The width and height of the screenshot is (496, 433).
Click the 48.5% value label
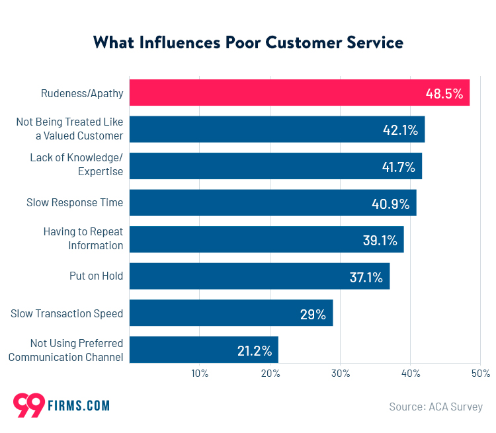tap(444, 93)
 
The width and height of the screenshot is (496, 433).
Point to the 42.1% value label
tap(400, 130)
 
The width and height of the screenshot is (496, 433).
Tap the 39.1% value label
tap(380, 240)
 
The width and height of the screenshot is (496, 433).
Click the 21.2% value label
tap(255, 350)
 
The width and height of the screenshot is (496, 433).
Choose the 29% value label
tap(313, 314)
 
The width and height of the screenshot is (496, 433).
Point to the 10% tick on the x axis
tap(200, 374)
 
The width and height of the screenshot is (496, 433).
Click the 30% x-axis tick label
tap(340, 374)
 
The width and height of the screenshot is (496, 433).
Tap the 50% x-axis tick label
tap(480, 374)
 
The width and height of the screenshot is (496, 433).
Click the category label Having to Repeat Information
tap(83, 239)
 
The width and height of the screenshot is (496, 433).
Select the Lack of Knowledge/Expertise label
tap(77, 165)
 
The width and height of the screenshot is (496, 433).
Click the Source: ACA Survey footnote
tap(436, 407)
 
